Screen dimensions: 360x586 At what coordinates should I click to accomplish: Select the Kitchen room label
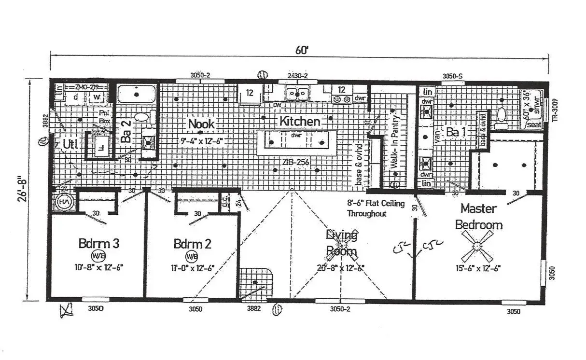click(x=300, y=122)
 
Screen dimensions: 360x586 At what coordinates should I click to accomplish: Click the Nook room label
click(x=201, y=124)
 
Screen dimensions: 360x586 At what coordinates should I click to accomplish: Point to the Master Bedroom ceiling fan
click(x=477, y=246)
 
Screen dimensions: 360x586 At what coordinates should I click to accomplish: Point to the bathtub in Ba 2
click(x=137, y=93)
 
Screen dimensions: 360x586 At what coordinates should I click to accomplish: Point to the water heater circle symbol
click(x=63, y=203)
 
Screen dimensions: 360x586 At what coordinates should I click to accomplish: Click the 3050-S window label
click(x=452, y=76)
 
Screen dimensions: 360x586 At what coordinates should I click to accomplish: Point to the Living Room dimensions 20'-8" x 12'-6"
click(x=340, y=267)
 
